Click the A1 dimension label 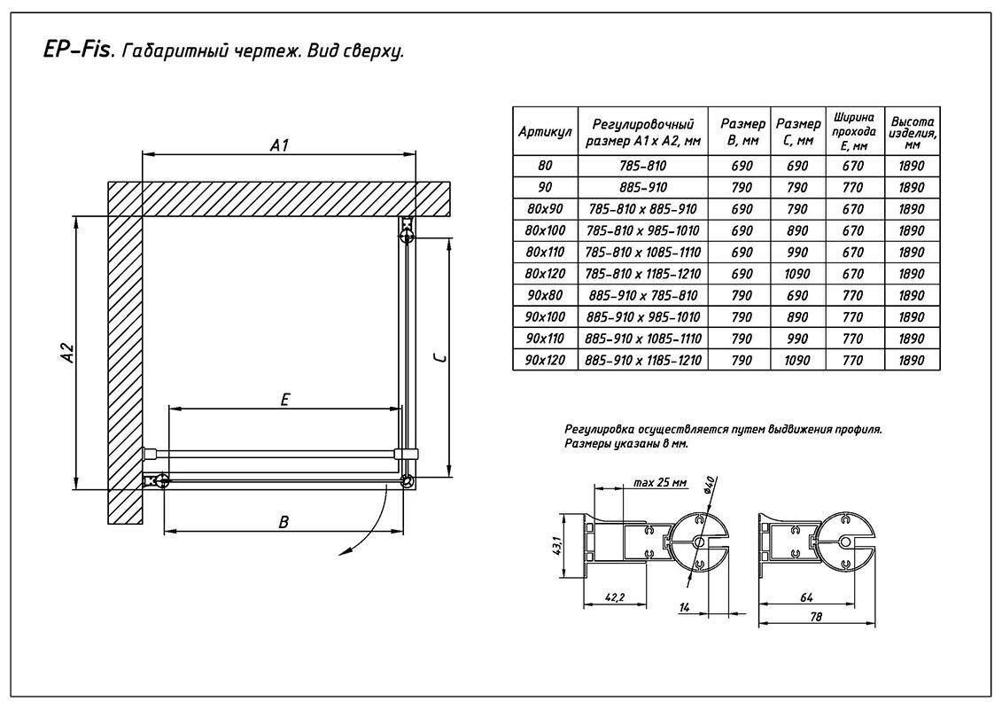280,145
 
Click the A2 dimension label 66,353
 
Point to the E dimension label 284,400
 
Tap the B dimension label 284,522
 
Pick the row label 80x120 545,274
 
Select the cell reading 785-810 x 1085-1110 643,253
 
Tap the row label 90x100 545,316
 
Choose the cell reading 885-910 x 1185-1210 643,360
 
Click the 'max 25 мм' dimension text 661,483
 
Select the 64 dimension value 805,597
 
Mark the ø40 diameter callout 710,487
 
